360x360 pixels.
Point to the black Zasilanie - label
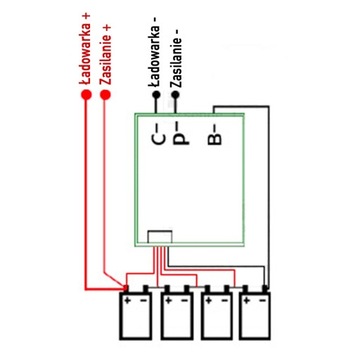point(176,49)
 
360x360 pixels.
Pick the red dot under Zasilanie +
point(105,96)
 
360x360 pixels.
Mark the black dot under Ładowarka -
point(154,96)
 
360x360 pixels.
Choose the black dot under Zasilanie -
point(176,96)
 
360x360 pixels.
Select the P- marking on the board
point(178,129)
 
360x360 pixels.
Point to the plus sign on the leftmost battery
point(128,297)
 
